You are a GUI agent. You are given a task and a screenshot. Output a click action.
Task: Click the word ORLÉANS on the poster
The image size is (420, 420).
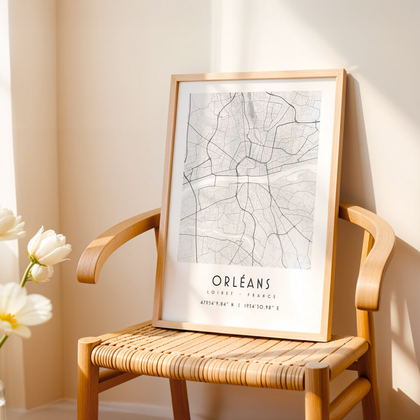(x=241, y=282)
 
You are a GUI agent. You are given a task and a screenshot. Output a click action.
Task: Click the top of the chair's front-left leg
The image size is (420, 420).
(x=89, y=342)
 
